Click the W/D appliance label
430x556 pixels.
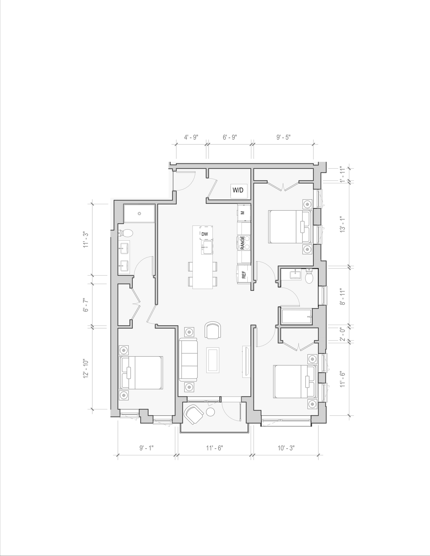click(x=238, y=190)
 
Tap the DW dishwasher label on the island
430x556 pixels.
click(x=205, y=234)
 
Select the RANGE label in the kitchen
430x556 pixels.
click(x=242, y=242)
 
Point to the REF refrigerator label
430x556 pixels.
click(x=244, y=275)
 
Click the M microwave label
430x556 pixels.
click(x=243, y=213)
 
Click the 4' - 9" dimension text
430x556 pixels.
click(x=191, y=137)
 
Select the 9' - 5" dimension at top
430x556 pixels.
click(x=284, y=137)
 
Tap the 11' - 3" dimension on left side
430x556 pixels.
click(x=86, y=239)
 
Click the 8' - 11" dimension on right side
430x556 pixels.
click(x=343, y=297)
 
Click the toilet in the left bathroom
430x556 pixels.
click(x=126, y=233)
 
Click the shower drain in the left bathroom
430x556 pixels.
click(x=139, y=214)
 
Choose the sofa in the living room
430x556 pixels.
click(x=188, y=360)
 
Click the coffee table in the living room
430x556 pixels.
click(x=213, y=360)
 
